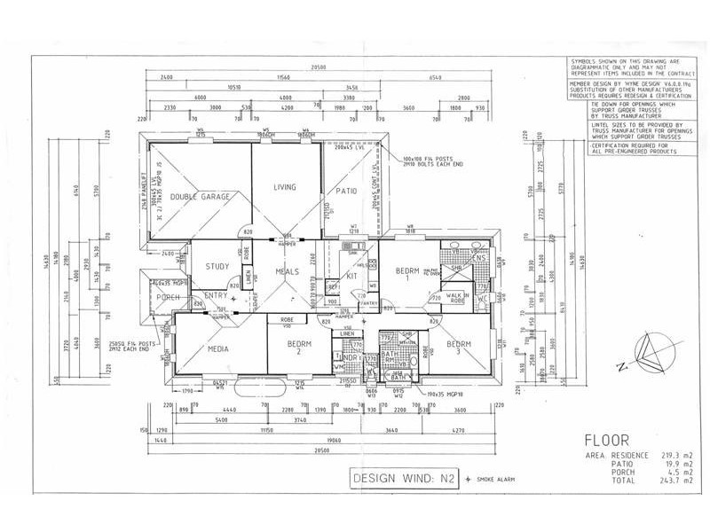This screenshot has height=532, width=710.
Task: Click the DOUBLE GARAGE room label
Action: click(201, 196)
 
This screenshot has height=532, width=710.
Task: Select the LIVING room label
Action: click(284, 187)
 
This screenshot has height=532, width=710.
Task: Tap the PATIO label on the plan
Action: click(347, 191)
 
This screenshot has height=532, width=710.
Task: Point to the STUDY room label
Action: click(217, 266)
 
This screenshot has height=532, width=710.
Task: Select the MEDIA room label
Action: click(218, 349)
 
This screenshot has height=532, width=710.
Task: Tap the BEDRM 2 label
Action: click(296, 348)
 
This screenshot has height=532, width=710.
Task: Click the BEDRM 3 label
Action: click(458, 348)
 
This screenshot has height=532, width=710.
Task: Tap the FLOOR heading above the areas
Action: click(606, 439)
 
